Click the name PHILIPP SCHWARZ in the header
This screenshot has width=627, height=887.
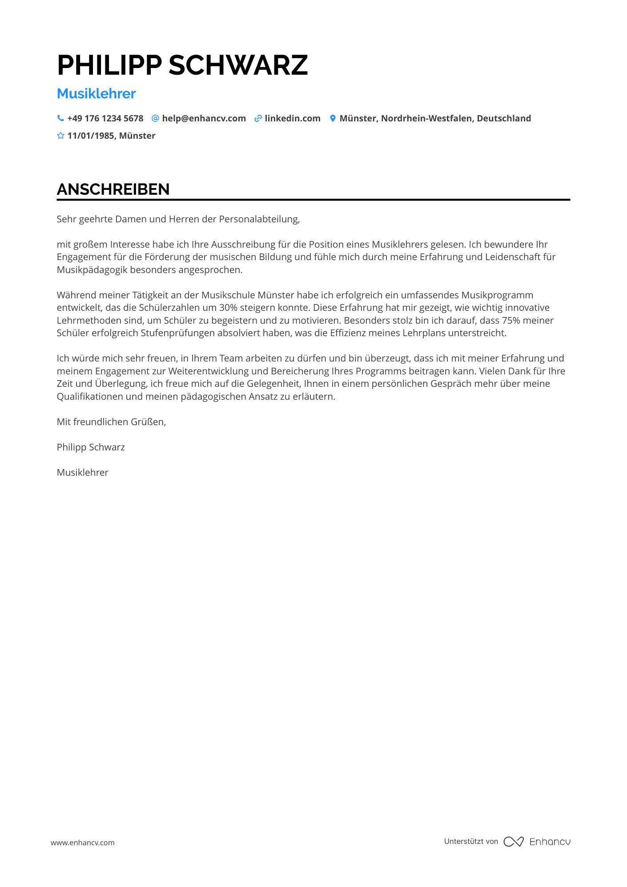point(182,65)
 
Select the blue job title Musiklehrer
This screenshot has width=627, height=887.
point(96,93)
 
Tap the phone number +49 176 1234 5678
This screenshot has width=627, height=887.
point(105,118)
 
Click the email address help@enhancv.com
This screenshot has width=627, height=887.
point(204,118)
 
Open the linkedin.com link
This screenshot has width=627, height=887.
point(292,118)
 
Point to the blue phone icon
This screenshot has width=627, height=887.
point(60,118)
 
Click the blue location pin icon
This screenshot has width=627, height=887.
point(333,118)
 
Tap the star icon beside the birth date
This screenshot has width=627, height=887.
point(60,136)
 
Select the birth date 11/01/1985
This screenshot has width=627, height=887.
point(91,136)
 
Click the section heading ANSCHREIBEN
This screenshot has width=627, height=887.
point(113,189)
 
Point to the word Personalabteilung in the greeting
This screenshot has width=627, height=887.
point(259,219)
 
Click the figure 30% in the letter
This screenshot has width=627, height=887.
point(228,308)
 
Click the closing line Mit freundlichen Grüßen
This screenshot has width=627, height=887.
point(111,422)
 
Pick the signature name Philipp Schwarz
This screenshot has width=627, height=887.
point(91,447)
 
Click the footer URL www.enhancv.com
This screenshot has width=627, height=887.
point(83,843)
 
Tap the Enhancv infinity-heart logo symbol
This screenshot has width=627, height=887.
point(514,842)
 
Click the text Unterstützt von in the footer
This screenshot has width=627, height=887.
point(471,841)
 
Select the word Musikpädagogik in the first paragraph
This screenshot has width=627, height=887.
point(92,270)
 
